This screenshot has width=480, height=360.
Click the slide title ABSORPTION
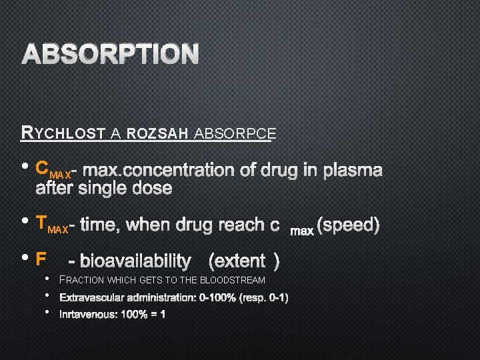pos(111,55)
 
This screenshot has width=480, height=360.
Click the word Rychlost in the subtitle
pos(63,133)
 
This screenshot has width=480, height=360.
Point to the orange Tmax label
pos(51,225)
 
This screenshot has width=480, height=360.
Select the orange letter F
pos(41,259)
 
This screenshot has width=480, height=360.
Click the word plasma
pos(352,170)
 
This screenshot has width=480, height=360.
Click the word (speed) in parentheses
pos(349,225)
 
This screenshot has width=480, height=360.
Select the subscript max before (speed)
pos(302,231)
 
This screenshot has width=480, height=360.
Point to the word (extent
pos(237,260)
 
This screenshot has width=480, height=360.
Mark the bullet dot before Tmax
pos(25,222)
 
